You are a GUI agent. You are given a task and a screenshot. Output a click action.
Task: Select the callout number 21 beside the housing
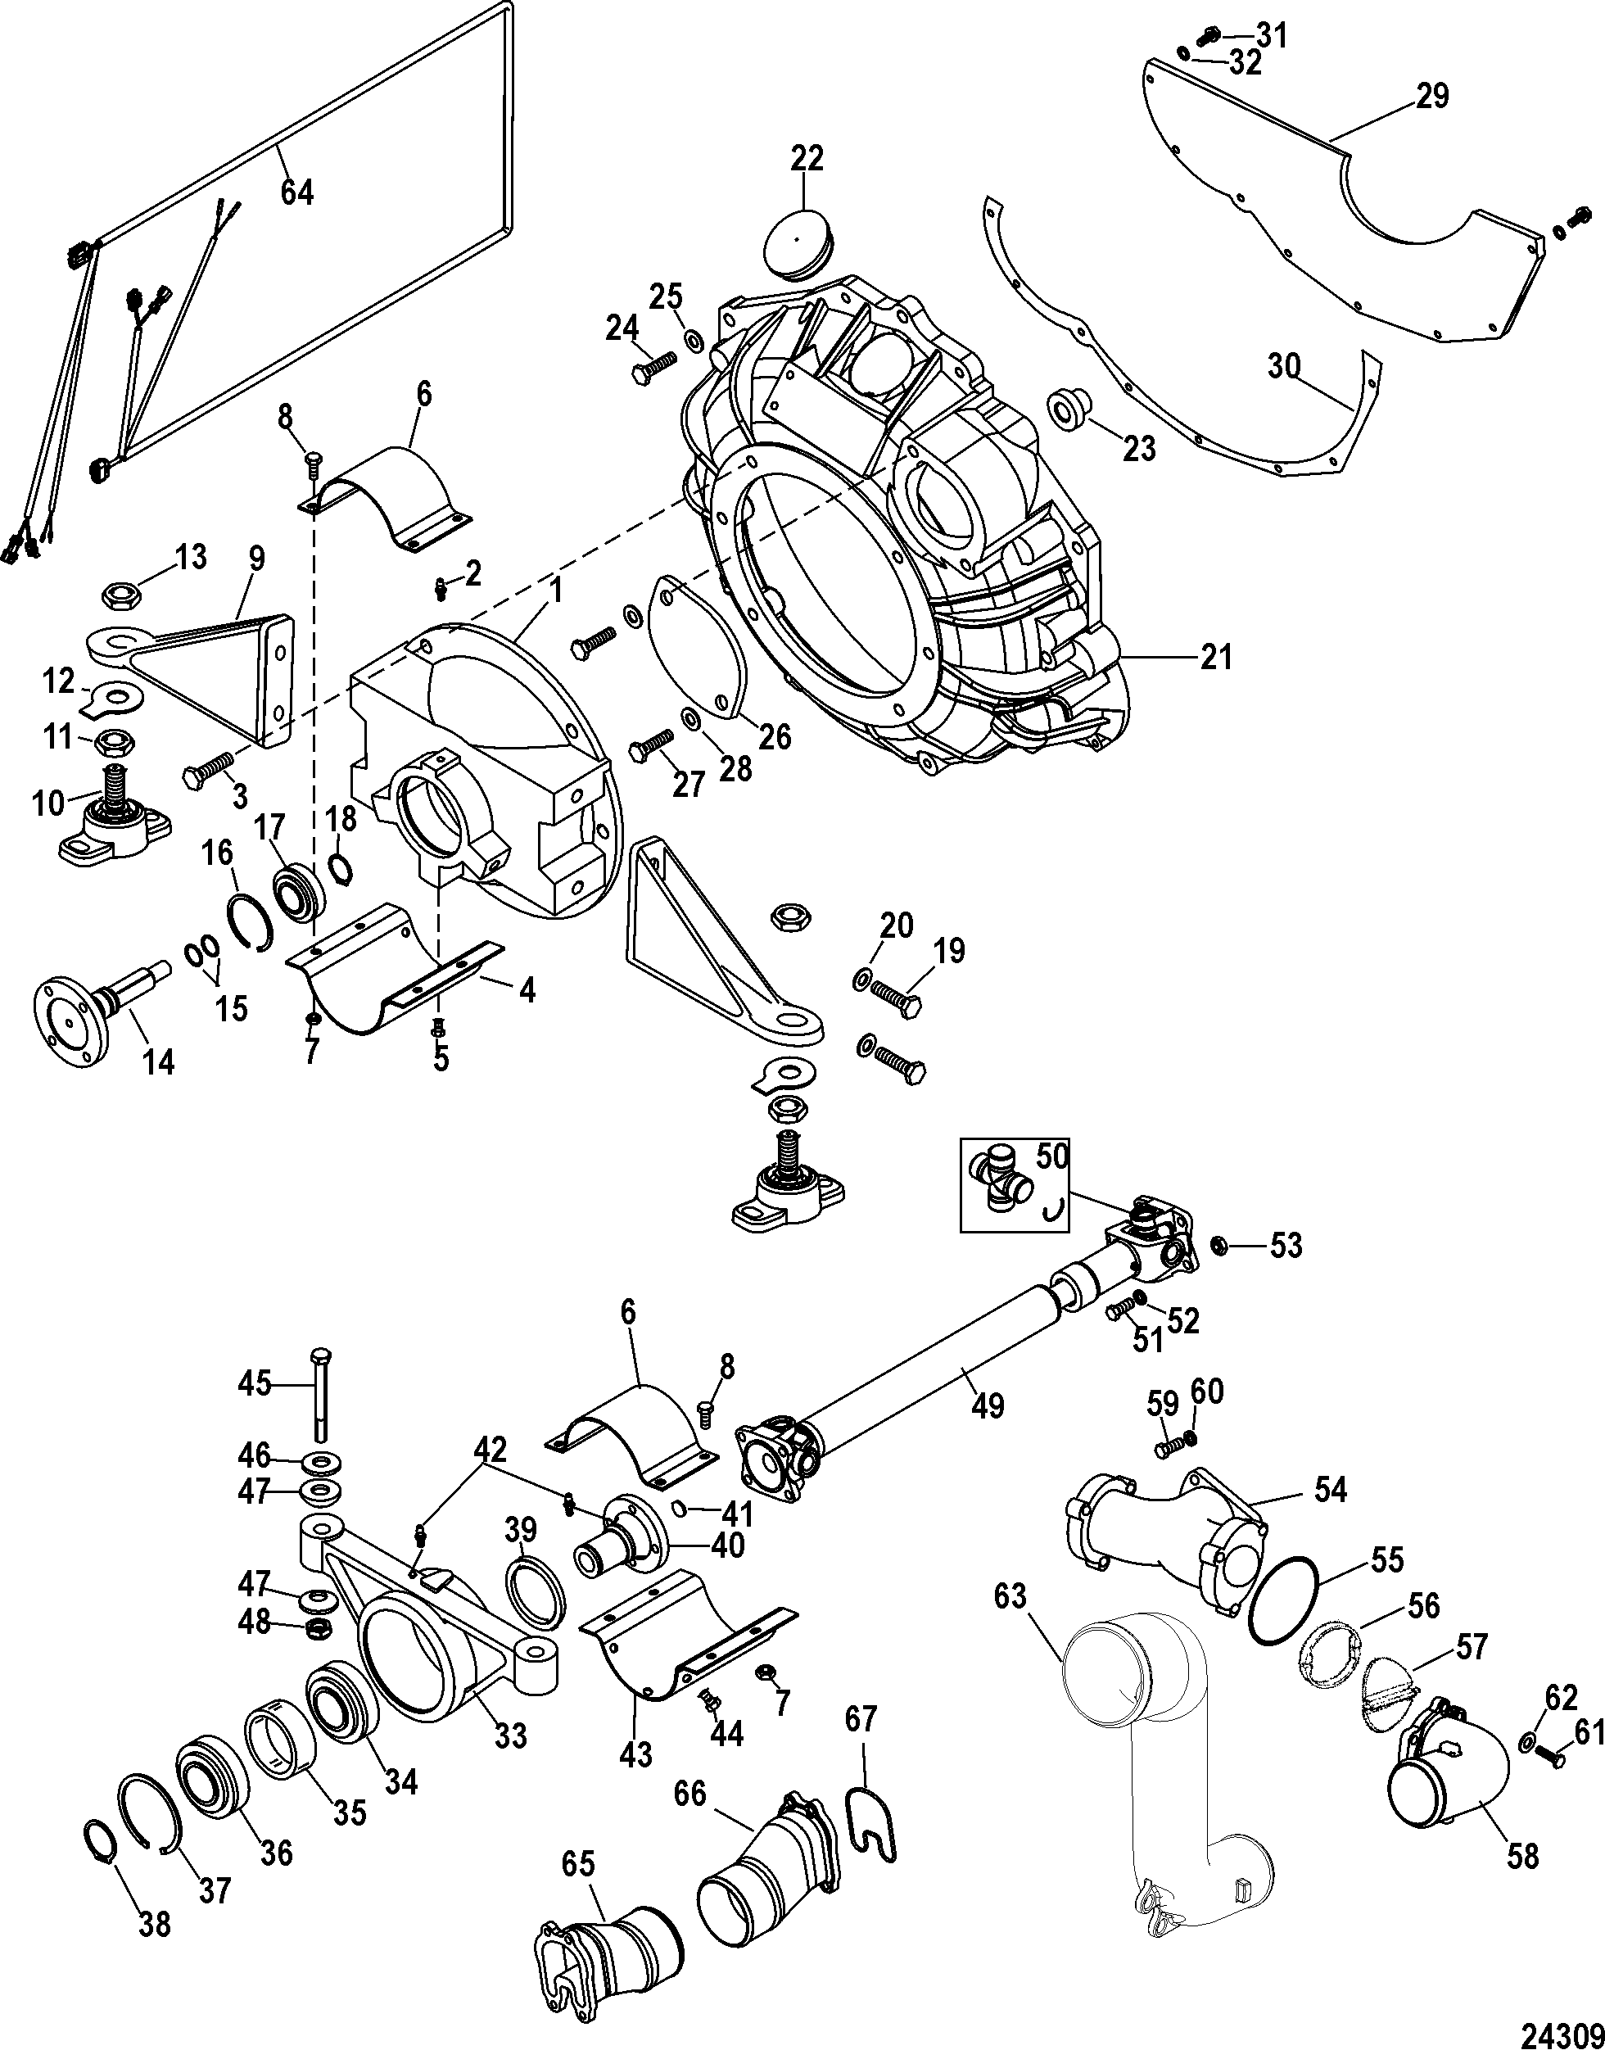click(x=1216, y=657)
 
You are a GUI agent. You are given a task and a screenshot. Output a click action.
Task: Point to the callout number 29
click(x=1431, y=96)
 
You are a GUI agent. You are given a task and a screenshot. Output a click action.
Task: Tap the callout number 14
click(x=157, y=1063)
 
